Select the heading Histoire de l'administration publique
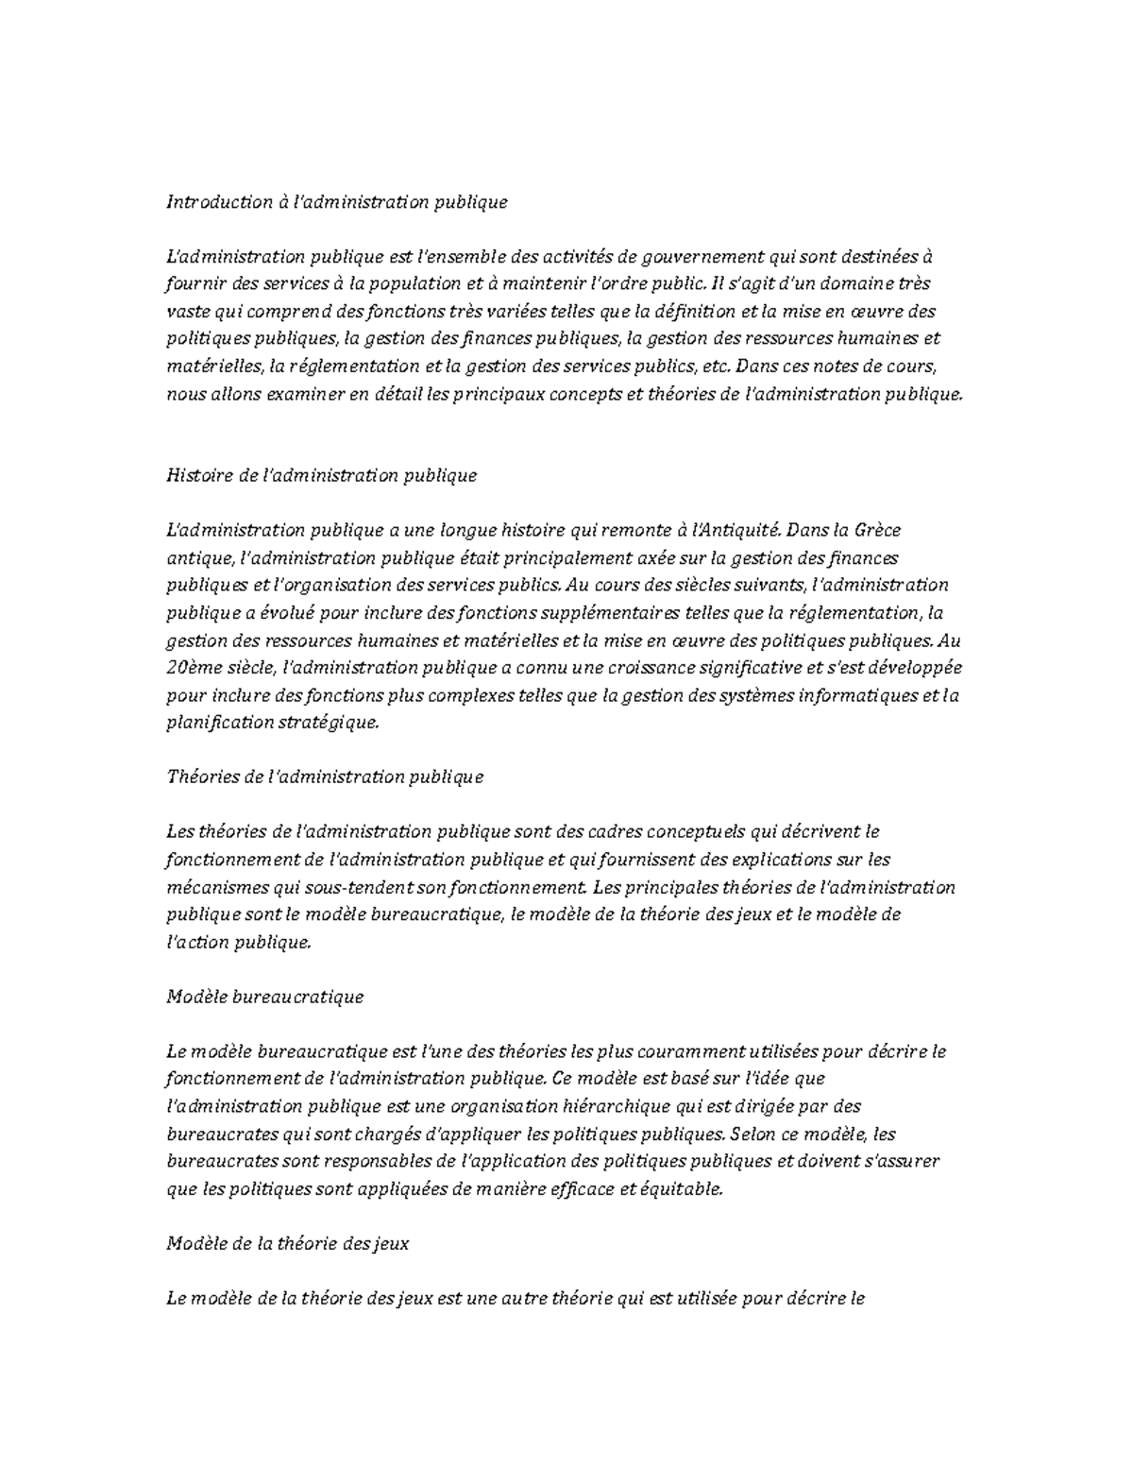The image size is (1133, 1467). [x=321, y=475]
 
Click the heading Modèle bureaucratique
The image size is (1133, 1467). [x=264, y=997]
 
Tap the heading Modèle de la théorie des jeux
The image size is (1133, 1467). [x=287, y=1243]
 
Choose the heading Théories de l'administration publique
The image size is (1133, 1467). [x=325, y=776]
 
